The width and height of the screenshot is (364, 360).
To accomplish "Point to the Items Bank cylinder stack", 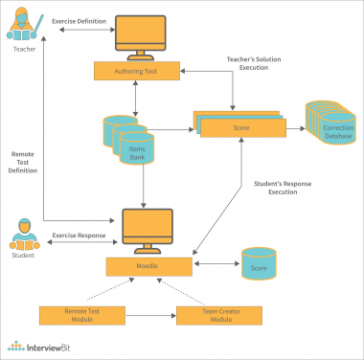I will point(130,139).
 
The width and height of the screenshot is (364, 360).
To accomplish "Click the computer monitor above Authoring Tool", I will point(143,36).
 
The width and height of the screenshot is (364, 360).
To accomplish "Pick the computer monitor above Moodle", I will point(143,227).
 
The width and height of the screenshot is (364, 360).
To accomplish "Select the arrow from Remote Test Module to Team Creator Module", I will point(143,313).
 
